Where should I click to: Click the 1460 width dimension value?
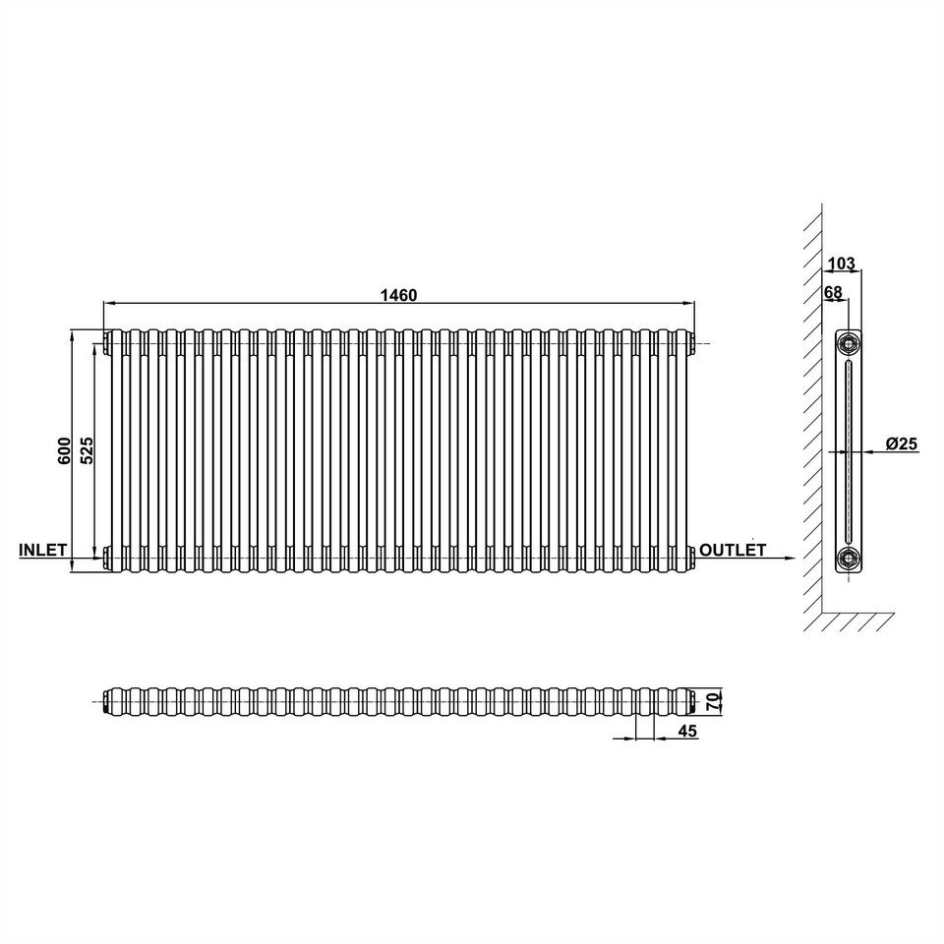click(x=400, y=294)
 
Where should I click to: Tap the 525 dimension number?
click(x=87, y=449)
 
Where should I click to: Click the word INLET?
click(x=41, y=550)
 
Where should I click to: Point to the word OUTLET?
click(x=733, y=550)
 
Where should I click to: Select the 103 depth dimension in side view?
click(x=842, y=264)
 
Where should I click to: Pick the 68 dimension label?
click(x=833, y=292)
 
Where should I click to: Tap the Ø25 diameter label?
click(x=901, y=444)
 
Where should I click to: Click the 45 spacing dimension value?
click(x=687, y=731)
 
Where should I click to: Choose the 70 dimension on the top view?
click(x=715, y=701)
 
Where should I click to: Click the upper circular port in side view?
click(x=847, y=343)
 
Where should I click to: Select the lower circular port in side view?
click(x=847, y=559)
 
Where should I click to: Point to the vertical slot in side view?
click(x=847, y=450)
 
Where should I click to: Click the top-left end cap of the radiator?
click(x=105, y=342)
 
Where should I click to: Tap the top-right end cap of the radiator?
click(x=694, y=342)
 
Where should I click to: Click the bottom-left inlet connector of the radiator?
click(x=105, y=558)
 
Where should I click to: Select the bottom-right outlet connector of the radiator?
click(x=694, y=558)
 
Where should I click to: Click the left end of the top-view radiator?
click(x=106, y=701)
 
